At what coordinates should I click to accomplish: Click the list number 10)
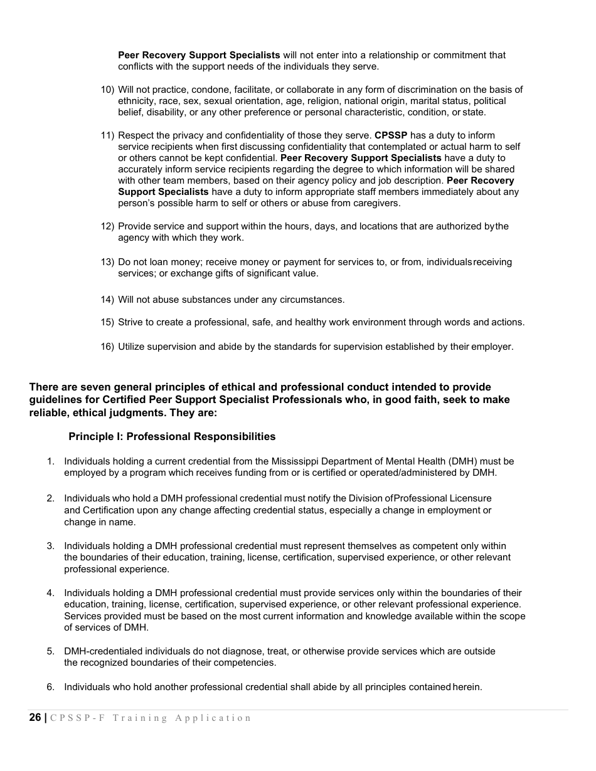pyautogui.click(x=107, y=90)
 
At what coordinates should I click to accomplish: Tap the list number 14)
pyautogui.click(x=107, y=300)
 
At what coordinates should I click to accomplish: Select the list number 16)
pyautogui.click(x=107, y=347)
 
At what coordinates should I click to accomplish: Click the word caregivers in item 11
pyautogui.click(x=375, y=203)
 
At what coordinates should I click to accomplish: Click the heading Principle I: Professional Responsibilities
pyautogui.click(x=172, y=436)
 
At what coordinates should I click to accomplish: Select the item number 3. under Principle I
pyautogui.click(x=50, y=546)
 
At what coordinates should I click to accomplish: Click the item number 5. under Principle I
pyautogui.click(x=50, y=651)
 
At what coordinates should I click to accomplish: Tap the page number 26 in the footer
pyautogui.click(x=35, y=718)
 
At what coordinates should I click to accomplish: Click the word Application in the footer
pyautogui.click(x=213, y=718)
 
